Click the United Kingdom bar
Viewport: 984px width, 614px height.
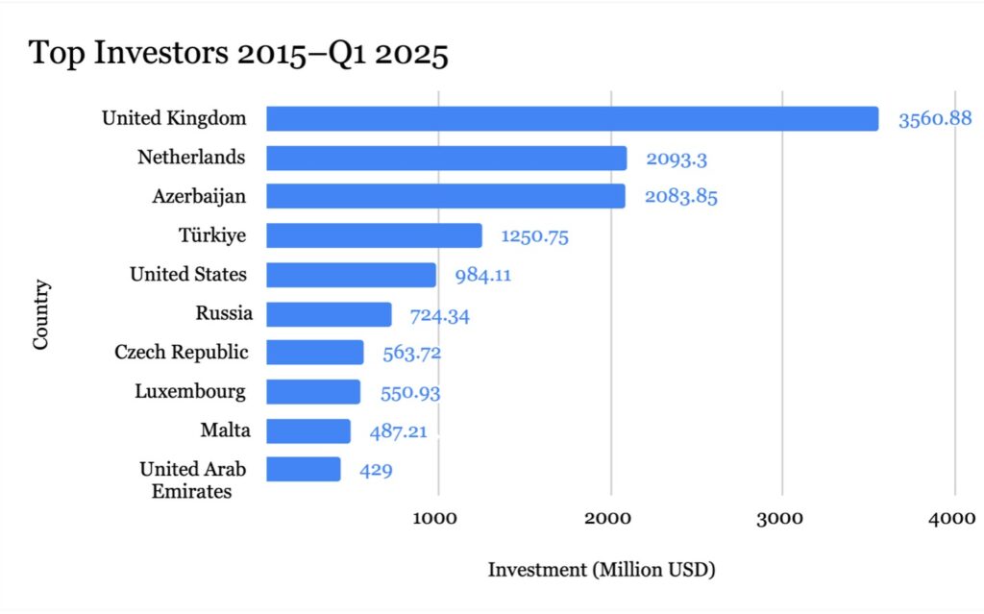pyautogui.click(x=572, y=118)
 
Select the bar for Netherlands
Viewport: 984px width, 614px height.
pyautogui.click(x=446, y=158)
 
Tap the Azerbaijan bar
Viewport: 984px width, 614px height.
pyautogui.click(x=445, y=196)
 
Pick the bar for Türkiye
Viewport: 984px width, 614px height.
pyautogui.click(x=374, y=235)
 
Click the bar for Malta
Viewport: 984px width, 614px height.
pyautogui.click(x=307, y=430)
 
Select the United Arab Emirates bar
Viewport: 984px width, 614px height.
pyautogui.click(x=303, y=470)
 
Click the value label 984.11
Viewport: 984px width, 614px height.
pyautogui.click(x=482, y=276)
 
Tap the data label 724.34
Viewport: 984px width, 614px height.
pyautogui.click(x=439, y=315)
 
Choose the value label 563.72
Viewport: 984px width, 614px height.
pyautogui.click(x=411, y=354)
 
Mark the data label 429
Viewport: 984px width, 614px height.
pyautogui.click(x=376, y=471)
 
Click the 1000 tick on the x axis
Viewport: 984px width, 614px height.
pyautogui.click(x=439, y=518)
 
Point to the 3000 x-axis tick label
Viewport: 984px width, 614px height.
pyautogui.click(x=782, y=518)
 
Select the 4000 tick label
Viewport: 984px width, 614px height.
pyautogui.click(x=954, y=518)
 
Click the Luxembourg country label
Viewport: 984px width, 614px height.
pyautogui.click(x=190, y=392)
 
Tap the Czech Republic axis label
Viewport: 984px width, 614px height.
pyautogui.click(x=181, y=353)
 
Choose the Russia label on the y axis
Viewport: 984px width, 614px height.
pyautogui.click(x=224, y=313)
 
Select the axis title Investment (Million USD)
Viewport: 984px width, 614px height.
pyautogui.click(x=602, y=570)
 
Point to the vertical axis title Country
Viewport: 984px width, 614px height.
pyautogui.click(x=41, y=314)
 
